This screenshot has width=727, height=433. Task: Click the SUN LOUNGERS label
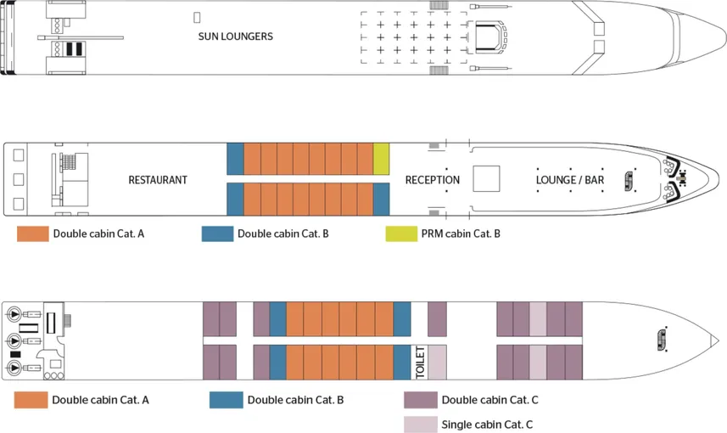point(235,37)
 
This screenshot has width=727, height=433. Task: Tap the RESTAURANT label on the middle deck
point(158,180)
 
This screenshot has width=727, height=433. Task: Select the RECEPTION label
point(432,180)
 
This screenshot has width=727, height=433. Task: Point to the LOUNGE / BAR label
point(570,180)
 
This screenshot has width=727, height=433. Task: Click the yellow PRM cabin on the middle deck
point(381,158)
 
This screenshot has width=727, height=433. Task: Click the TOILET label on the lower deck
point(419,363)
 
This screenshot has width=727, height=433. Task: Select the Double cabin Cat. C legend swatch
point(421,400)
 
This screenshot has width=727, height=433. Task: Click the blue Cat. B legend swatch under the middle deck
point(217,233)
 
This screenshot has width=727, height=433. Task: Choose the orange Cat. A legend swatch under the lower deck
point(31,400)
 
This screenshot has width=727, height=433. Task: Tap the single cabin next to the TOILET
point(437,363)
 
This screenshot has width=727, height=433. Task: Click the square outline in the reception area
point(486,179)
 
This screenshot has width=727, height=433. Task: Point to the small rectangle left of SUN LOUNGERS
point(197,17)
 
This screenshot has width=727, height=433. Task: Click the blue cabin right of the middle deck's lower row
point(381,200)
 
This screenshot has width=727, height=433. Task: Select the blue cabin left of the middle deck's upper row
point(235,158)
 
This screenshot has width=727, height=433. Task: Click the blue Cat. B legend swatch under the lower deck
point(225,400)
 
